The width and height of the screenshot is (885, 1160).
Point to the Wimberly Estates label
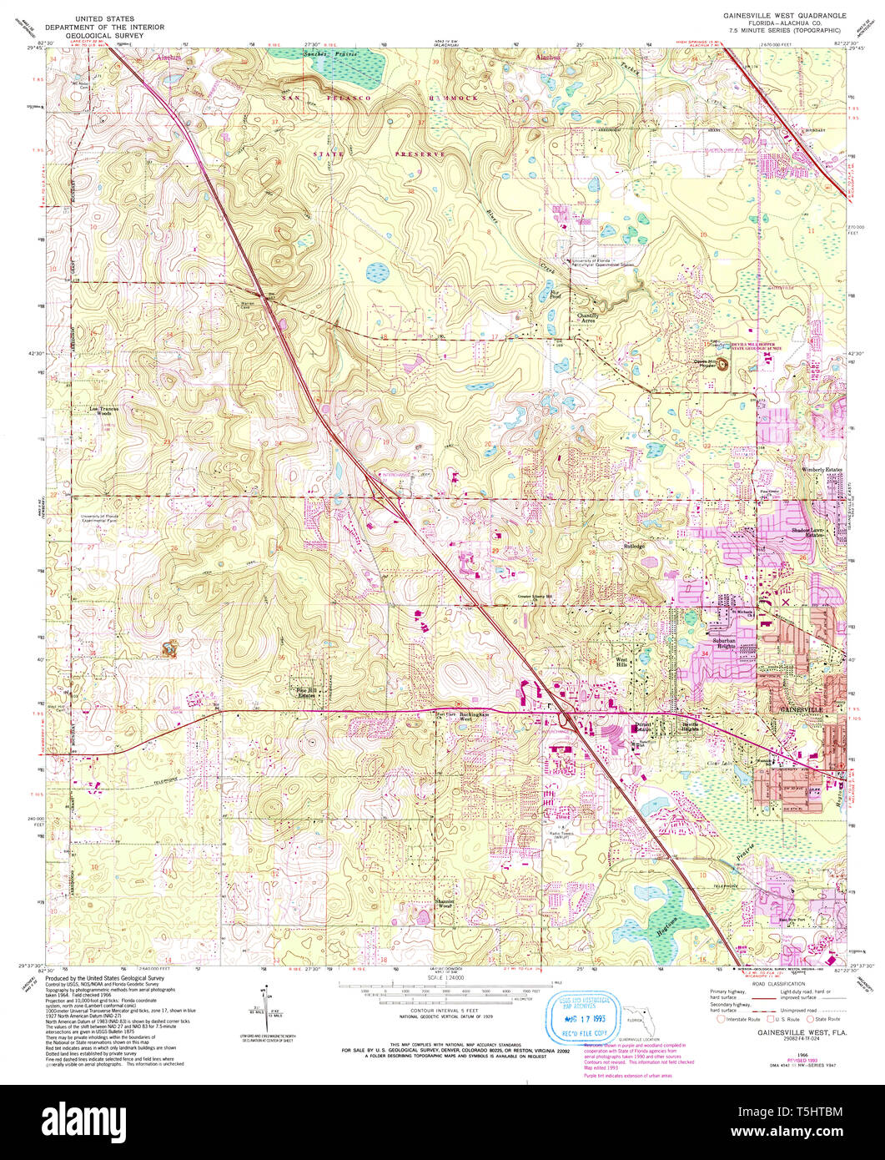click(822, 470)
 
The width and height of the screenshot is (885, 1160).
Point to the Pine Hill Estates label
click(313, 692)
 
